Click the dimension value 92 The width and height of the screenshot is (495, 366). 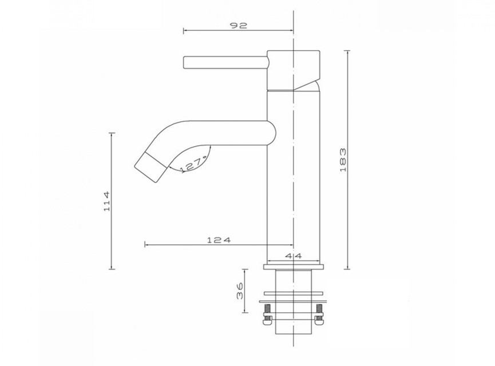pos(239,25)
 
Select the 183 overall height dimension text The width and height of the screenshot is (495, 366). pos(343,160)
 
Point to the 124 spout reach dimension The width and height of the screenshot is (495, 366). pos(219,240)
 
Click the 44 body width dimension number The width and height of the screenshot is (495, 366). pos(294,256)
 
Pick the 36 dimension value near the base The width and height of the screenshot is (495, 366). pos(240,291)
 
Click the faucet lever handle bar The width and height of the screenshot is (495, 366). pos(225,62)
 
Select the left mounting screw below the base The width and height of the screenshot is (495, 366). pos(267,314)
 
